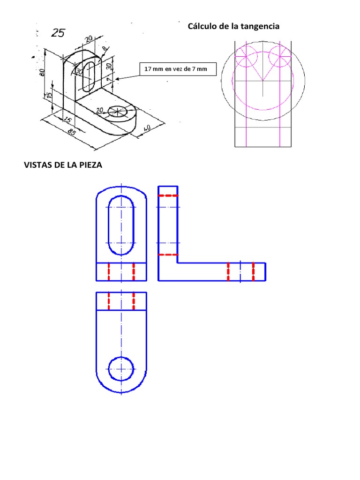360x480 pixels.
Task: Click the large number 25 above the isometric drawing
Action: (x=59, y=33)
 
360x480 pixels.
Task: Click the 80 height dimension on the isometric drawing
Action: (x=42, y=72)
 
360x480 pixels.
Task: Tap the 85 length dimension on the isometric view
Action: (x=72, y=133)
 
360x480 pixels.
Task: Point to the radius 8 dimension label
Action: (x=104, y=49)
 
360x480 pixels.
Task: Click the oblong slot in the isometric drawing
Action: (x=90, y=75)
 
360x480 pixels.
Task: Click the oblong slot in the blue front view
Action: (x=121, y=225)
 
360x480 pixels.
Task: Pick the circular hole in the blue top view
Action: (x=121, y=368)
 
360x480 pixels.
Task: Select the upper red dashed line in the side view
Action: (x=168, y=195)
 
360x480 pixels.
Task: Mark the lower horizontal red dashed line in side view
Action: (x=168, y=255)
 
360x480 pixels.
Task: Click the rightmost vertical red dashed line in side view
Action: (x=254, y=272)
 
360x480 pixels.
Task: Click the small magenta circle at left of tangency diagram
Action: (x=247, y=57)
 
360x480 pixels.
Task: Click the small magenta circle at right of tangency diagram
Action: (x=279, y=57)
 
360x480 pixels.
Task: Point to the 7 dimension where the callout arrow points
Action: (x=108, y=80)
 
